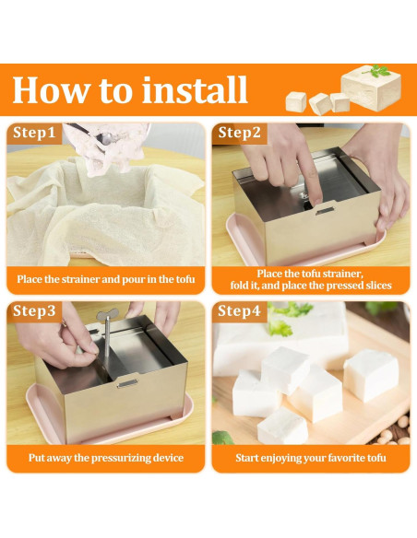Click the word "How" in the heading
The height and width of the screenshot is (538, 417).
click(47, 89)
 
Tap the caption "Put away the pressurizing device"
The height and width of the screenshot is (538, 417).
click(106, 457)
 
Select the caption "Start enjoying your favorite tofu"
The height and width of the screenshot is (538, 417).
click(309, 457)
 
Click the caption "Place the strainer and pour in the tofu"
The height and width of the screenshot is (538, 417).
click(106, 278)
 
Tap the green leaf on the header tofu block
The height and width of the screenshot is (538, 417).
click(379, 71)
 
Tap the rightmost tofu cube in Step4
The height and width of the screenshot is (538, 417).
click(371, 376)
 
